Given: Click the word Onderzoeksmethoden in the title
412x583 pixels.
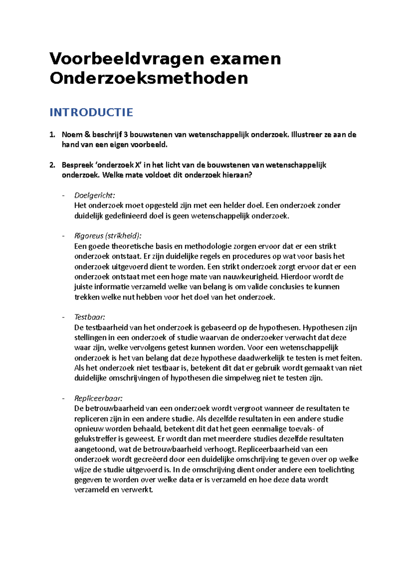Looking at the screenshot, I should (x=149, y=78).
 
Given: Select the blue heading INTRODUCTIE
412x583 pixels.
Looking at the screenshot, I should (x=91, y=112).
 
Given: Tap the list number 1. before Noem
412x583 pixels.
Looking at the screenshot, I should (x=52, y=135).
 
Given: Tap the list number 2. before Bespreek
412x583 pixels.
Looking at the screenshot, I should (x=52, y=165).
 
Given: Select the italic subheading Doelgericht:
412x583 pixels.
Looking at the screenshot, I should (x=94, y=195).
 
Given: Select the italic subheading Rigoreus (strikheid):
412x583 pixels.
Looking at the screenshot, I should (x=108, y=236).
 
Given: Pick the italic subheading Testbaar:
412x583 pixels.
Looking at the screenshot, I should (x=90, y=317).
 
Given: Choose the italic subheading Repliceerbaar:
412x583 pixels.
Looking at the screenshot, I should (x=98, y=398).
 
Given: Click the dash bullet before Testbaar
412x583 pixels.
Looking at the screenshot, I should (x=63, y=317).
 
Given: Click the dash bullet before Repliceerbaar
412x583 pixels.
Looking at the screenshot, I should (x=63, y=399).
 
